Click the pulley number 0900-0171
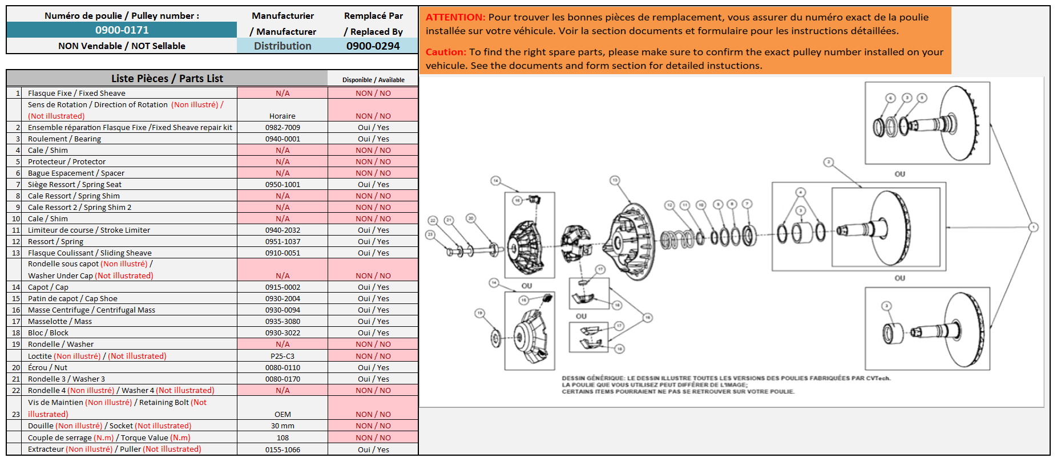pos(122,30)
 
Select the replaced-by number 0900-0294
pos(373,46)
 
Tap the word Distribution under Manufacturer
pos(283,46)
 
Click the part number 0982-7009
pos(283,127)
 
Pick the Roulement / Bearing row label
pos(64,139)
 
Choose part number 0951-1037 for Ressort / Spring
pos(283,241)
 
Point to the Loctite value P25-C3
pos(283,356)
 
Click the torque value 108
pos(283,437)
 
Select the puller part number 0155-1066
pos(283,449)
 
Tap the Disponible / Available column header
pos(373,80)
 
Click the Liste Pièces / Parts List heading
pos(167,78)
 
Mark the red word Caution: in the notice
pos(446,52)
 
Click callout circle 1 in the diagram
pos(1033,227)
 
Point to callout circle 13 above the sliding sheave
pos(615,180)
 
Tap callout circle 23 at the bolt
pos(431,234)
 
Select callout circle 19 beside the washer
pos(479,313)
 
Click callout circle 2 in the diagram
pos(829,163)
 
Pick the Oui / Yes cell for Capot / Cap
pos(373,287)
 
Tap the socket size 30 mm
pos(283,425)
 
